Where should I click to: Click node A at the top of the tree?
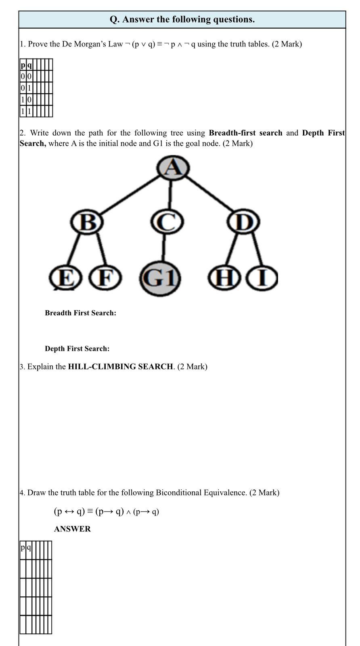173,168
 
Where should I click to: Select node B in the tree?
87,222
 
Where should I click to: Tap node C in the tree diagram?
167,222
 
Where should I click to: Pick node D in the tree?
243,222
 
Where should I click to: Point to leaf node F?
105,278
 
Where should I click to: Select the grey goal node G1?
160,278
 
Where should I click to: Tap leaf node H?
224,278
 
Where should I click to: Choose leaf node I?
263,278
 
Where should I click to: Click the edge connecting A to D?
209,193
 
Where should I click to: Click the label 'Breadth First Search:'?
80,313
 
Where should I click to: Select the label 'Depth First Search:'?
77,348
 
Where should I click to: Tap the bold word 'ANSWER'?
72,529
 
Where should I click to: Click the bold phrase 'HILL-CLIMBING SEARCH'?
120,367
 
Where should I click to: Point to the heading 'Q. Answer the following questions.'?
182,19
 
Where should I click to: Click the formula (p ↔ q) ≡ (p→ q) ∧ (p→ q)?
107,512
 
